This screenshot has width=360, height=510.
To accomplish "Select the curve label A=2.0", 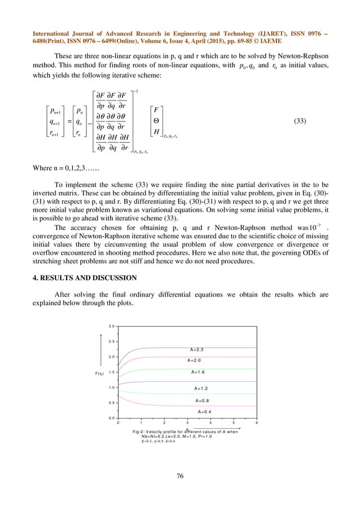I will point(195,360).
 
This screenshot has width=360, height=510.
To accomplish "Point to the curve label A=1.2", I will point(202,389).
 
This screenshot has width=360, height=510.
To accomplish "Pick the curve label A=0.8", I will point(204,401).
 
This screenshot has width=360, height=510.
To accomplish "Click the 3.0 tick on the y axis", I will point(112,326).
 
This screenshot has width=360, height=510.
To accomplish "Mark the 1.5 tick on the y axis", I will point(112,373).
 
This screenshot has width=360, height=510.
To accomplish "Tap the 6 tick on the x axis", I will point(257,422).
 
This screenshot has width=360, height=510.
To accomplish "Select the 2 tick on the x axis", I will point(164,422).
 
